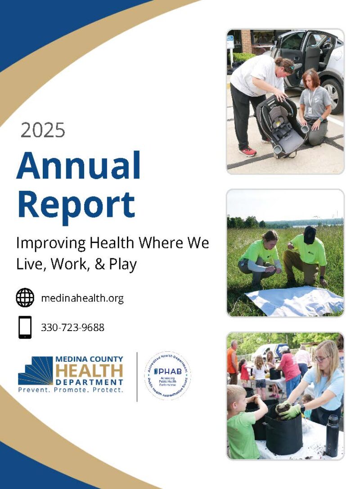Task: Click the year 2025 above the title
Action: point(43,130)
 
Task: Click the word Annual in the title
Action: point(79,166)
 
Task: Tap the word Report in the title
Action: point(76,205)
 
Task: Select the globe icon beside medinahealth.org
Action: point(25,297)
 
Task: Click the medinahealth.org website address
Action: point(82,298)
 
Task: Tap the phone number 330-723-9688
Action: point(72,327)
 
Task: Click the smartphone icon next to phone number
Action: point(25,327)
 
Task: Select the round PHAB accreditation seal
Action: point(167,376)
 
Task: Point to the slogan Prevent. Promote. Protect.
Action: point(70,390)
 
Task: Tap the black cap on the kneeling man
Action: point(310,234)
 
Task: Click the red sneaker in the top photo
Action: point(247,152)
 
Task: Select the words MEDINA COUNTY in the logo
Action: point(89,359)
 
